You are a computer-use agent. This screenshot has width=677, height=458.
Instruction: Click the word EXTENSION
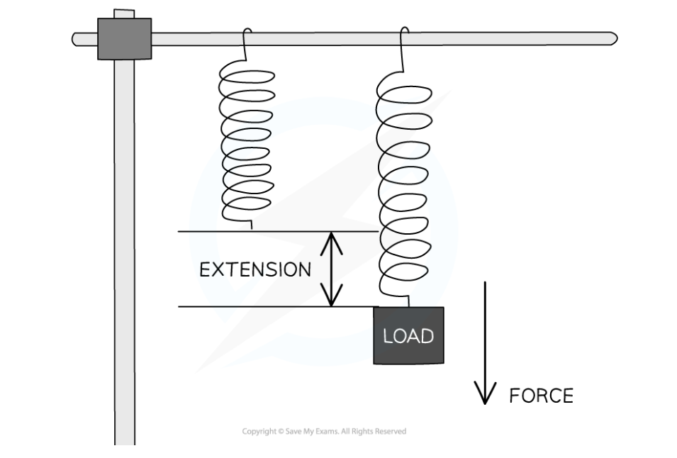tap(255, 270)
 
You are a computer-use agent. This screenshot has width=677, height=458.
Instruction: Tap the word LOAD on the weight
tap(408, 335)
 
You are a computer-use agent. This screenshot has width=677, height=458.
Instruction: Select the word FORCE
tap(541, 396)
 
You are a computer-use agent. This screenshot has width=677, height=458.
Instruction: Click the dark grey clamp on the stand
tap(124, 38)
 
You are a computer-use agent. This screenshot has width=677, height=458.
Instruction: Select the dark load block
tap(408, 335)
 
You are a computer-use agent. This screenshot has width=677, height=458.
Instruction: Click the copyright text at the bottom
tap(324, 431)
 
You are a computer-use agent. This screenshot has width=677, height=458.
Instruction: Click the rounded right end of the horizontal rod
tap(612, 38)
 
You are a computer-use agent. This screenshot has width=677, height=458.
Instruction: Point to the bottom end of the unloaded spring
tap(252, 225)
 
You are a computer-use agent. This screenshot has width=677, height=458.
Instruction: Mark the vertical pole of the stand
tap(124, 248)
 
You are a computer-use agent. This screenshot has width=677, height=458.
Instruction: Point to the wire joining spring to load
tap(408, 301)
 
